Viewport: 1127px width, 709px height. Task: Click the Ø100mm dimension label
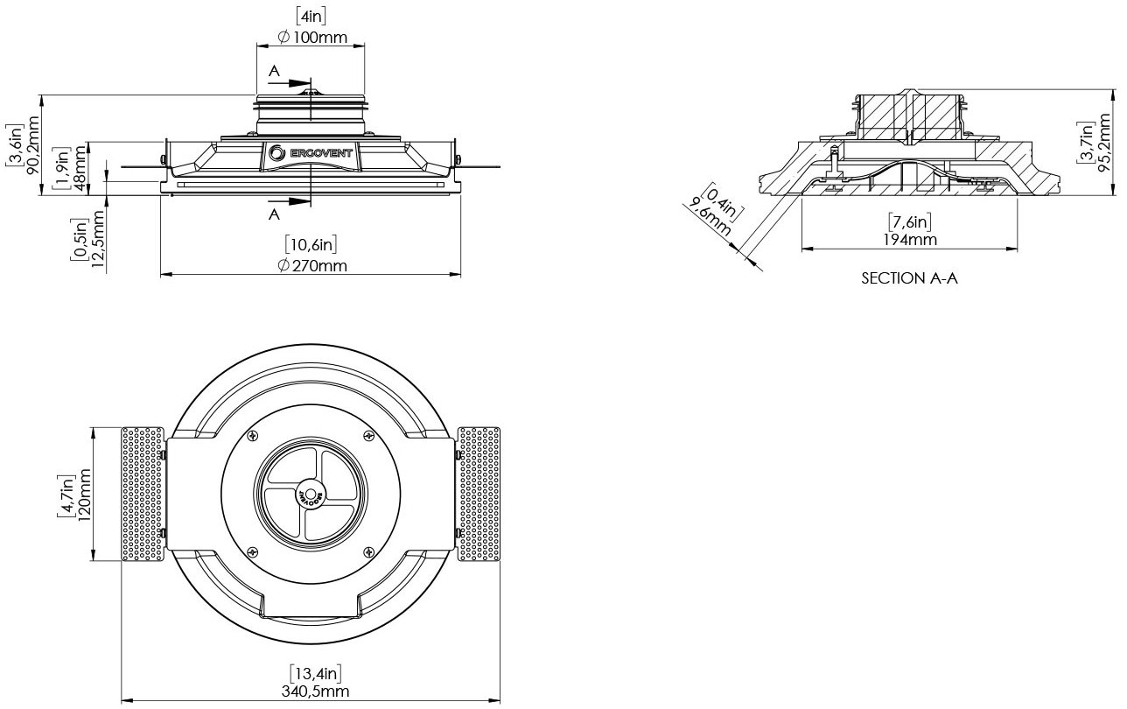(x=311, y=38)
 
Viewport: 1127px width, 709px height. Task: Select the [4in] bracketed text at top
(x=311, y=16)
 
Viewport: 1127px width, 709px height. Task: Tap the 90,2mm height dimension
(x=33, y=145)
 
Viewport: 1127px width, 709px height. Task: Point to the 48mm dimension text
(x=80, y=169)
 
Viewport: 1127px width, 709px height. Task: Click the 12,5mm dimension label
(x=98, y=239)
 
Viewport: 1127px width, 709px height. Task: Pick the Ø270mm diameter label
(x=311, y=265)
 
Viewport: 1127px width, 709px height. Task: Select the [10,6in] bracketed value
(x=311, y=244)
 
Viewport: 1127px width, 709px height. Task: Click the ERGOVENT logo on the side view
(x=311, y=153)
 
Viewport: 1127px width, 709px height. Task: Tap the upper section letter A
(x=274, y=71)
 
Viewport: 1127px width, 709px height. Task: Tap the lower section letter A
(x=274, y=214)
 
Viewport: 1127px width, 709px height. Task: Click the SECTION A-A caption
(x=909, y=278)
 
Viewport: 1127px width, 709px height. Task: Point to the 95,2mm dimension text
(x=1104, y=143)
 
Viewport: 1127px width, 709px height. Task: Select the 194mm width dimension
(x=910, y=240)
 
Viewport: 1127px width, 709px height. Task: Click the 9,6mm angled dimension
(x=709, y=217)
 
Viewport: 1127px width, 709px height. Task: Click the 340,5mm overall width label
(x=315, y=691)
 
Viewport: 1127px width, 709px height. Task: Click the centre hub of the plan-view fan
(x=311, y=495)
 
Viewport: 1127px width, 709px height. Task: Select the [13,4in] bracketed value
(x=316, y=673)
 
